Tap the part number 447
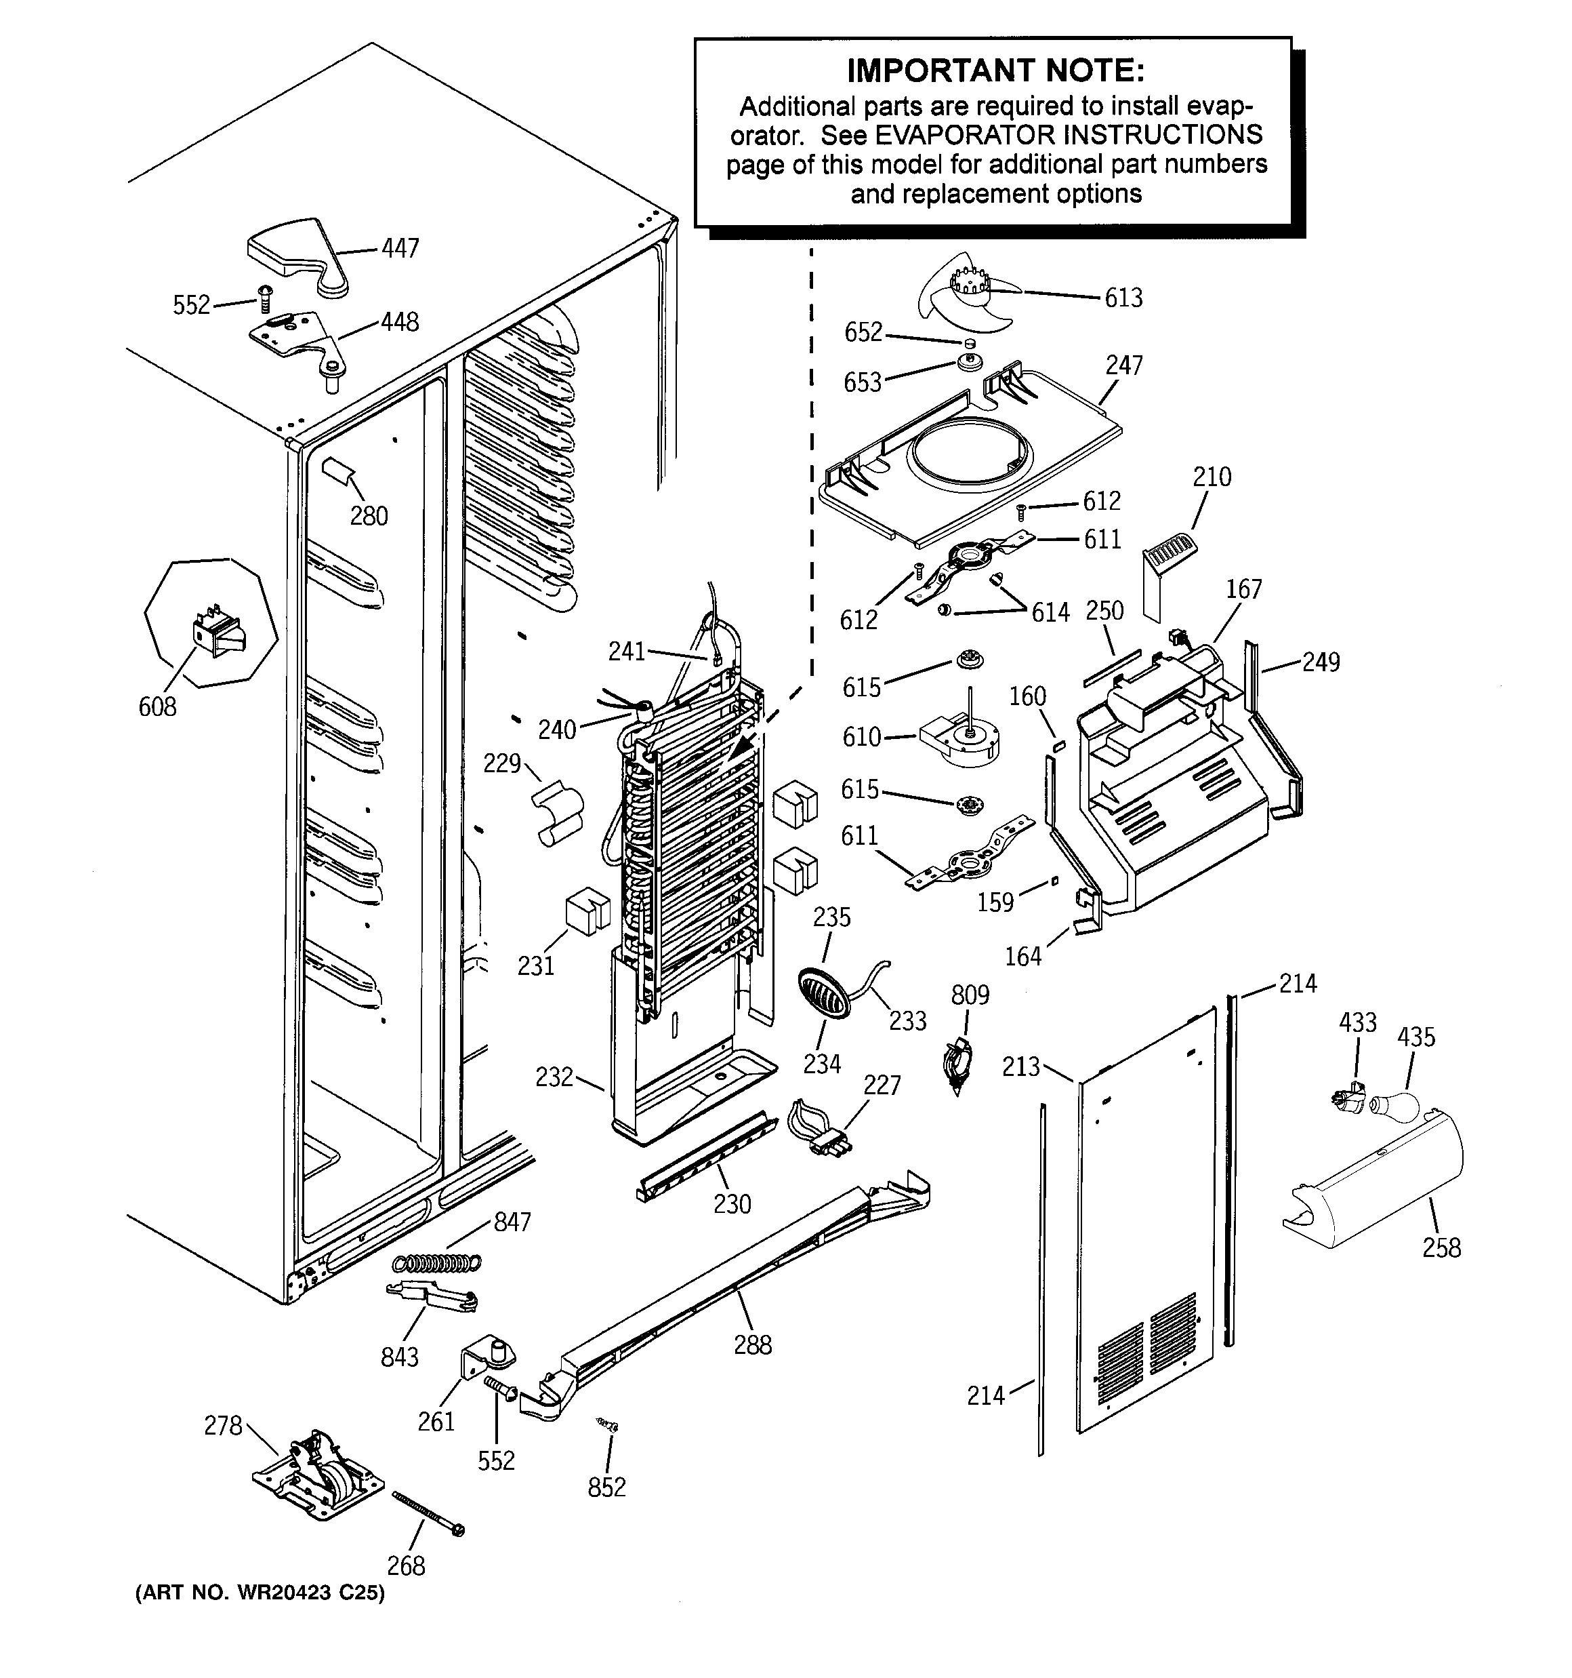click(x=400, y=248)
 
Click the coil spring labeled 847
click(x=437, y=1264)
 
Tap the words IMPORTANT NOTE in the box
click(x=995, y=71)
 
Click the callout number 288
click(x=752, y=1344)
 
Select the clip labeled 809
click(x=957, y=1067)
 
